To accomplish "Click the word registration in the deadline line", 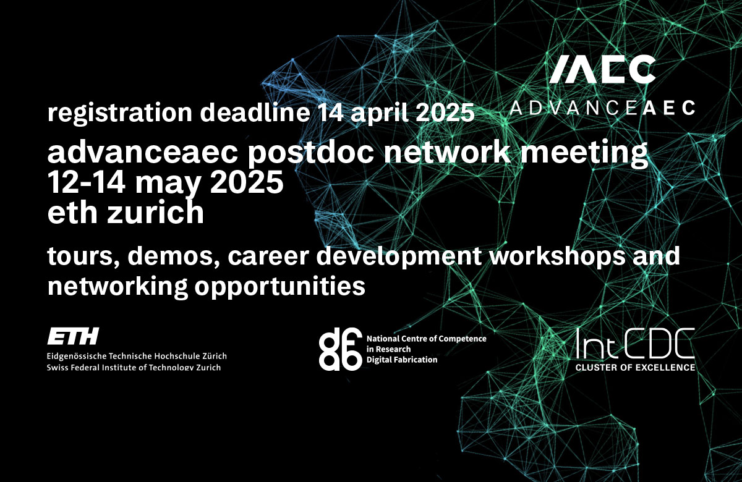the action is click(x=119, y=113).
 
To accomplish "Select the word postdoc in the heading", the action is click(x=310, y=153).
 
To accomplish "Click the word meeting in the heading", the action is click(x=584, y=153).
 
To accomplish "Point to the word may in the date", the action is click(x=168, y=184).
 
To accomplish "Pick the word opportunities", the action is click(x=279, y=286).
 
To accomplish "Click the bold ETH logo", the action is click(x=73, y=336).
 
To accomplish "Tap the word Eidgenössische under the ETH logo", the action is click(x=77, y=356).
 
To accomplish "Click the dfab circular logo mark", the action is click(x=340, y=349).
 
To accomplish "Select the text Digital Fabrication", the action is click(x=402, y=360).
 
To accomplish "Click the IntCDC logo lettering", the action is click(x=635, y=344).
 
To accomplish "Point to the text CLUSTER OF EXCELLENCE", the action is click(x=635, y=367).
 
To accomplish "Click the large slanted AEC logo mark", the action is click(x=602, y=69).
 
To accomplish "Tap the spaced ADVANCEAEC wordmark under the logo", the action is click(x=602, y=108).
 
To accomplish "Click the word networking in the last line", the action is click(x=117, y=286).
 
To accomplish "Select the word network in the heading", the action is click(x=447, y=153).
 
